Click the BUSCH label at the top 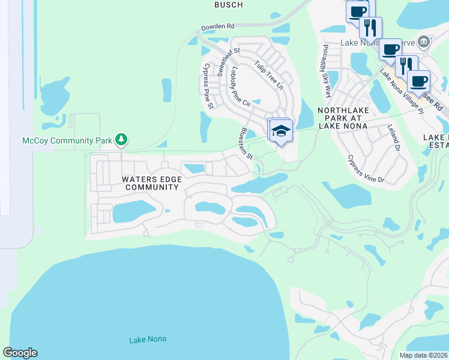[x=229, y=5]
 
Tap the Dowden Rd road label [x=218, y=28]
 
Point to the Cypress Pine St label [x=208, y=86]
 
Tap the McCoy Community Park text [x=67, y=140]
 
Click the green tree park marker [x=122, y=140]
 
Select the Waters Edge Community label [x=151, y=183]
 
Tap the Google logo [x=20, y=353]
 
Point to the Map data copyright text [x=424, y=355]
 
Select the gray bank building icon [x=424, y=41]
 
